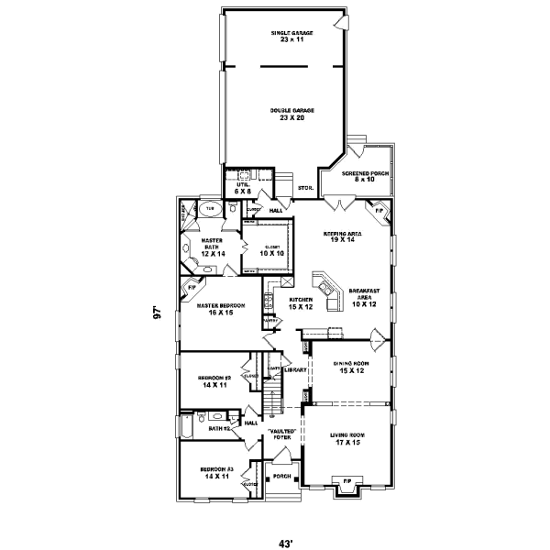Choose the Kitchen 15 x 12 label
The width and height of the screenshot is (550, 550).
click(x=302, y=302)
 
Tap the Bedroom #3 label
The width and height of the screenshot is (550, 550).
click(x=218, y=473)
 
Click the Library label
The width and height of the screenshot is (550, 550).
click(x=294, y=370)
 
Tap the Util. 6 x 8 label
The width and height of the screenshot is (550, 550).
click(x=243, y=187)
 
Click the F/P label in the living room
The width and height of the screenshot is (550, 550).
click(x=346, y=481)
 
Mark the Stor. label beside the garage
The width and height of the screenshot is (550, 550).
click(x=305, y=189)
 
